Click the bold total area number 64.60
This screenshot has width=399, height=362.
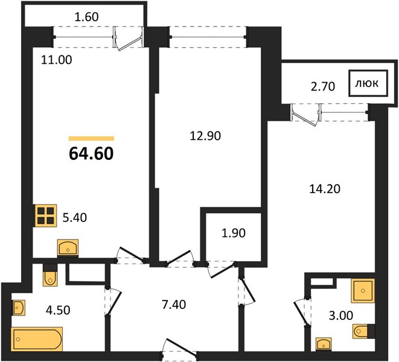(x=91, y=154)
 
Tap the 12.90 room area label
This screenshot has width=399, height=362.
(x=205, y=136)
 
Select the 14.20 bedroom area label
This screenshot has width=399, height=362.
(x=325, y=189)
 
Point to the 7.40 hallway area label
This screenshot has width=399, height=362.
(x=174, y=305)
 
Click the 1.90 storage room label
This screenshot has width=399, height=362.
(x=234, y=233)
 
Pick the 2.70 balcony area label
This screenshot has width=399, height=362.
(x=323, y=86)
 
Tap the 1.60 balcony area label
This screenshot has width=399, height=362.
(x=87, y=17)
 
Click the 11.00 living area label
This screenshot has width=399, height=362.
(x=57, y=60)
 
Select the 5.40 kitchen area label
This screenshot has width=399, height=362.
(x=75, y=218)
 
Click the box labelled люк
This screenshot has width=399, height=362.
(x=368, y=83)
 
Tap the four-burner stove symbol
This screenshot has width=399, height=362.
(x=46, y=215)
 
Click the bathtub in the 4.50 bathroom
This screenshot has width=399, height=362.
(x=37, y=339)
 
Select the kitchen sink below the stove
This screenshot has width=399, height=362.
(x=68, y=248)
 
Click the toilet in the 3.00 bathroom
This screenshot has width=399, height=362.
(x=363, y=331)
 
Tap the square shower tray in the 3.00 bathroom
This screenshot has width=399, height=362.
(x=363, y=291)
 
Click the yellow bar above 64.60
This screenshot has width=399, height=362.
(x=91, y=139)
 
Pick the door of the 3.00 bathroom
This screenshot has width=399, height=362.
(x=302, y=313)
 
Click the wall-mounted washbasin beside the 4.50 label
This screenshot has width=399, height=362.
(x=19, y=308)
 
